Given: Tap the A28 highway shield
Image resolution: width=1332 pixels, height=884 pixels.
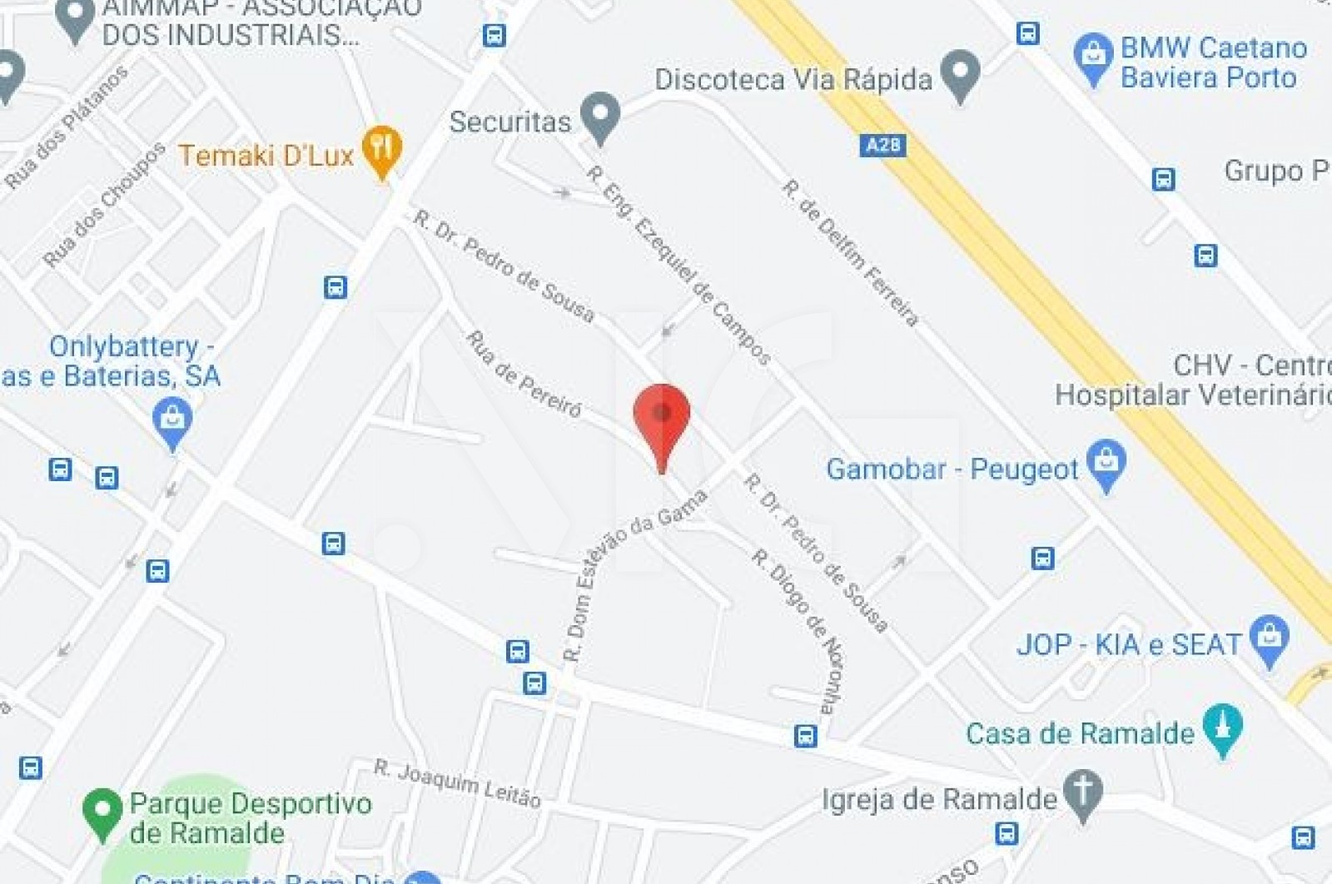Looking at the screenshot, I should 882,146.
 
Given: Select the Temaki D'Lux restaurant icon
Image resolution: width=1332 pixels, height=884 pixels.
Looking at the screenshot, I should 382,150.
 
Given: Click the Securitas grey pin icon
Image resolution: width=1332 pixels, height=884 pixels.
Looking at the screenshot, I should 600,117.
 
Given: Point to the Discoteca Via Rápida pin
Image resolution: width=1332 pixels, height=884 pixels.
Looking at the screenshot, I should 960,74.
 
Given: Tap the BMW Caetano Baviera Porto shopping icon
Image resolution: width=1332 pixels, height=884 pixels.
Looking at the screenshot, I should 1093,58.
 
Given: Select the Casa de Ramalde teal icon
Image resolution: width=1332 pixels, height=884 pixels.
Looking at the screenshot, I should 1222,728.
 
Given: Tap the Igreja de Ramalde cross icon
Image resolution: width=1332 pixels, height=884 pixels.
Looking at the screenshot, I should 1082,794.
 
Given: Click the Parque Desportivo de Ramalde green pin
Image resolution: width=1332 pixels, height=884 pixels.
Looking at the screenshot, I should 102,812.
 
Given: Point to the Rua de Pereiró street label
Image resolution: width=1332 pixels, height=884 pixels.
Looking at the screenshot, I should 524,373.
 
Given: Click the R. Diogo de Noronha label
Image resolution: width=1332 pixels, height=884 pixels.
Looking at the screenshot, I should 799,629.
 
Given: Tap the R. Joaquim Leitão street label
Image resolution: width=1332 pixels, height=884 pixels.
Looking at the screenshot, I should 457,782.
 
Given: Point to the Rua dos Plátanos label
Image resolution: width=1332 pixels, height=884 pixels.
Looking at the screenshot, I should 67,127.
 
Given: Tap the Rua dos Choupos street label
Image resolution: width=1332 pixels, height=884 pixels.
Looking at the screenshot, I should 104,205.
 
